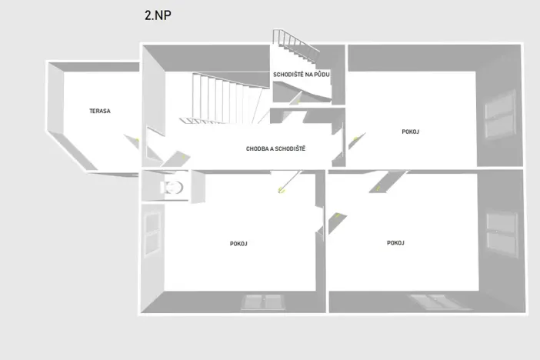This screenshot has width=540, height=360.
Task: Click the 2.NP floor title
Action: tap(158, 15)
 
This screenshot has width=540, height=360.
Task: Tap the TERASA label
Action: tap(100, 111)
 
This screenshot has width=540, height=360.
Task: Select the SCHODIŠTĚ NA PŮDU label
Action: tap(302, 75)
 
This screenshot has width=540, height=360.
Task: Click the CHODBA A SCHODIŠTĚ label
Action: tap(275, 148)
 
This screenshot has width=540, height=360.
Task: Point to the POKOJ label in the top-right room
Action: tap(410, 132)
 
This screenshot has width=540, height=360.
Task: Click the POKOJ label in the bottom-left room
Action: tap(238, 244)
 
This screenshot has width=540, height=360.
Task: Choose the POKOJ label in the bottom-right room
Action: tap(395, 243)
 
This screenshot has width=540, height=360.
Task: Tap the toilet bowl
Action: tap(172, 188)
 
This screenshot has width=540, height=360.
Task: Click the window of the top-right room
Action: tap(500, 114)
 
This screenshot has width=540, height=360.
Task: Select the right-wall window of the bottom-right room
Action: tap(502, 235)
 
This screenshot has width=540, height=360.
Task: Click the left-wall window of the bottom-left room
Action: tap(152, 233)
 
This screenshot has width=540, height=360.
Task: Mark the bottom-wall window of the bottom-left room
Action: tap(262, 302)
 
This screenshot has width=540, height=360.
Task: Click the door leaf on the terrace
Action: tap(132, 142)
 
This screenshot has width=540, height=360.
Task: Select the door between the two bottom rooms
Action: tap(336, 224)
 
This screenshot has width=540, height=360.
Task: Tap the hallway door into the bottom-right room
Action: tap(388, 182)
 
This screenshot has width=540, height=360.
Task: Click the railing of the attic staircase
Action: tap(295, 41)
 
